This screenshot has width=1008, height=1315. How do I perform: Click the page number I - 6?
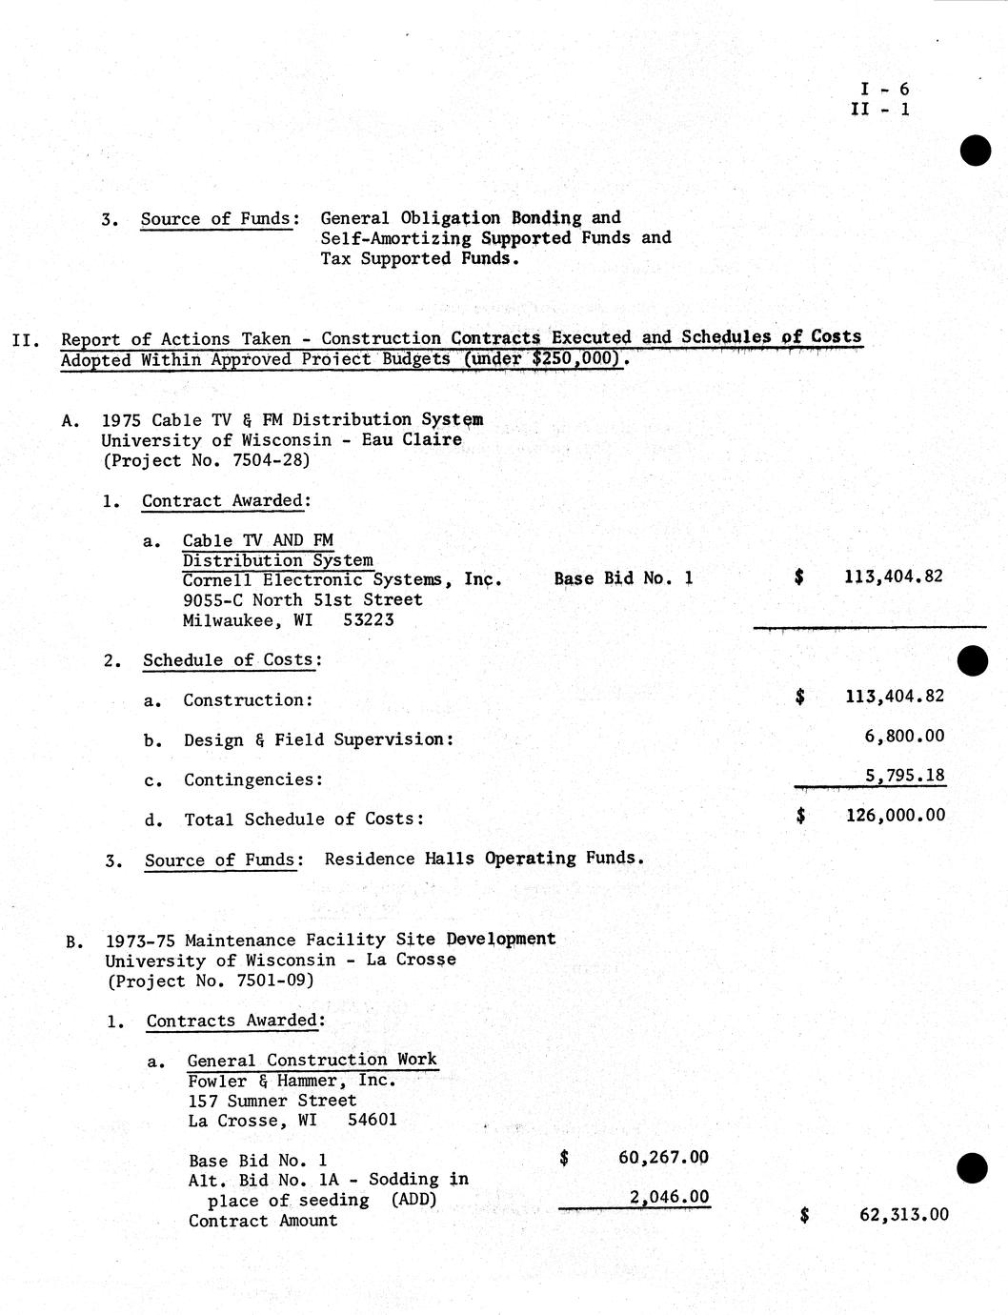pos(884,90)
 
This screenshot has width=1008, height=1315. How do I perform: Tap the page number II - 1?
pos(880,109)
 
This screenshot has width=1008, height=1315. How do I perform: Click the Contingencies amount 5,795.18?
pos(905,776)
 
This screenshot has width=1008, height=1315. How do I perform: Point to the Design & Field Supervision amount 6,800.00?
pos(904,736)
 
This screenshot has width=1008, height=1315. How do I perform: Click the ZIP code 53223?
pos(368,620)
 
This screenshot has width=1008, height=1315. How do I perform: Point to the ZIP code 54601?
pos(373,1121)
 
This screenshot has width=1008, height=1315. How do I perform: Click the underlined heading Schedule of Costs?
pos(232,659)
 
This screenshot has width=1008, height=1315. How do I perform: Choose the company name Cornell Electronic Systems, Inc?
pos(342,580)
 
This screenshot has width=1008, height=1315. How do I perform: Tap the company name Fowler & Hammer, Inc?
pos(292,1081)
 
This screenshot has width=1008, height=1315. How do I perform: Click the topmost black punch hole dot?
pos(975,150)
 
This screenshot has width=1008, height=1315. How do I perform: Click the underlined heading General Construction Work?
pos(312,1060)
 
